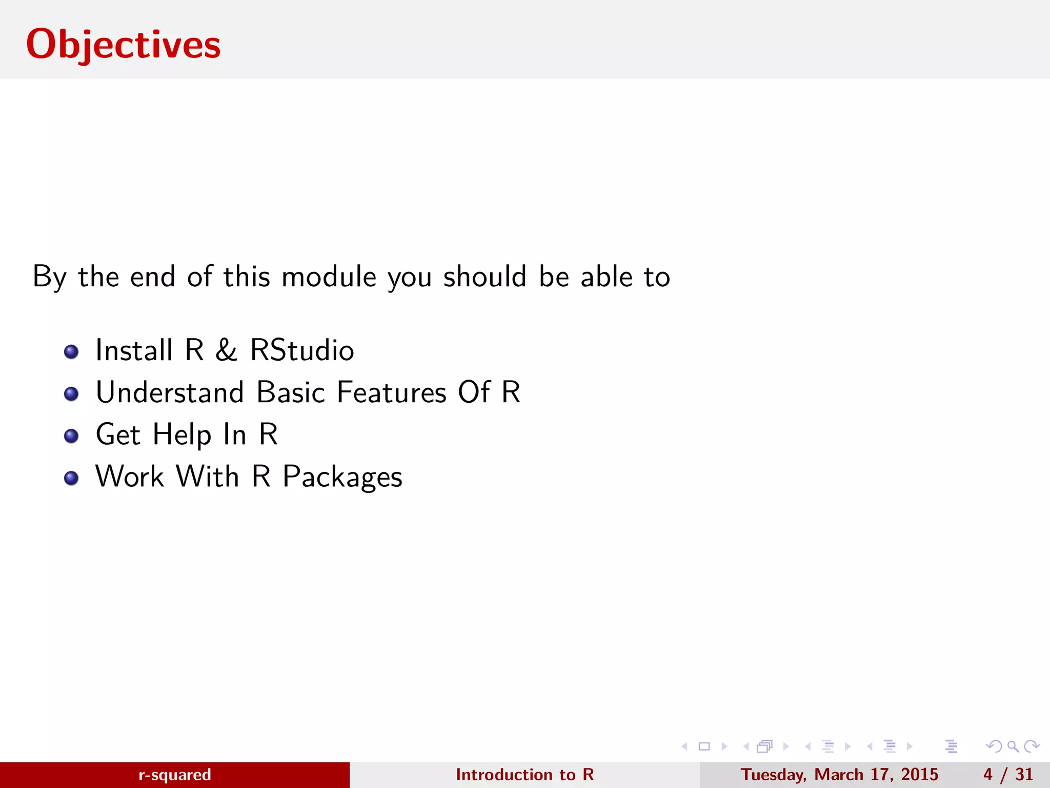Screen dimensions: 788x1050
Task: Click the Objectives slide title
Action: [123, 45]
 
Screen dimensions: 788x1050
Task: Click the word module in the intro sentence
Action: [329, 277]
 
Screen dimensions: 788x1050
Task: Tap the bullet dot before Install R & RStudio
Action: [71, 352]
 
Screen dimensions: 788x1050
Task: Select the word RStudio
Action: [302, 351]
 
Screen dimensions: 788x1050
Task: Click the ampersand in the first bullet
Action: [226, 351]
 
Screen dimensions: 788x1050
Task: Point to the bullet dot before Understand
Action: [71, 394]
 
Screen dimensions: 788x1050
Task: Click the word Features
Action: [392, 393]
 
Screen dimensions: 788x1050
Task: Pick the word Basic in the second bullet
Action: [291, 393]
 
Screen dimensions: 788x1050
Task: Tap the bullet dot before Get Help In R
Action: [71, 436]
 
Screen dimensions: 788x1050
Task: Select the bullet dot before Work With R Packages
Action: [71, 478]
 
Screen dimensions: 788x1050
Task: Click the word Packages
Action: [342, 478]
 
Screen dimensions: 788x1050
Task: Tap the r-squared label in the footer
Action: [175, 775]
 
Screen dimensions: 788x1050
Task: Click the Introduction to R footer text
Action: [524, 775]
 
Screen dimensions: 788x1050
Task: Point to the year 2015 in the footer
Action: [919, 775]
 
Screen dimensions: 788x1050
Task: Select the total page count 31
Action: [1024, 775]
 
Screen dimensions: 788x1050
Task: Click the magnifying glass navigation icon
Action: [1013, 746]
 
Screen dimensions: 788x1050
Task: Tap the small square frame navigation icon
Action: [704, 746]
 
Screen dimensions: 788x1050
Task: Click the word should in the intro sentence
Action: [485, 277]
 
